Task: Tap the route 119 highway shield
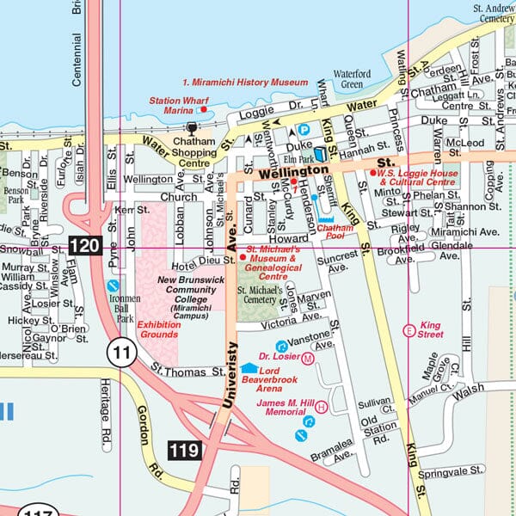tap(184, 449)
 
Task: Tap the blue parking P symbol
tap(303, 130)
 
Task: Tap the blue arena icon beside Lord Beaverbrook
tap(249, 368)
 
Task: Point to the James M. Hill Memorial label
tap(286, 408)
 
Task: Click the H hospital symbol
tap(322, 406)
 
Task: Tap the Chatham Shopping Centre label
tap(182, 157)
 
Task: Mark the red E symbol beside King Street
tap(408, 329)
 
